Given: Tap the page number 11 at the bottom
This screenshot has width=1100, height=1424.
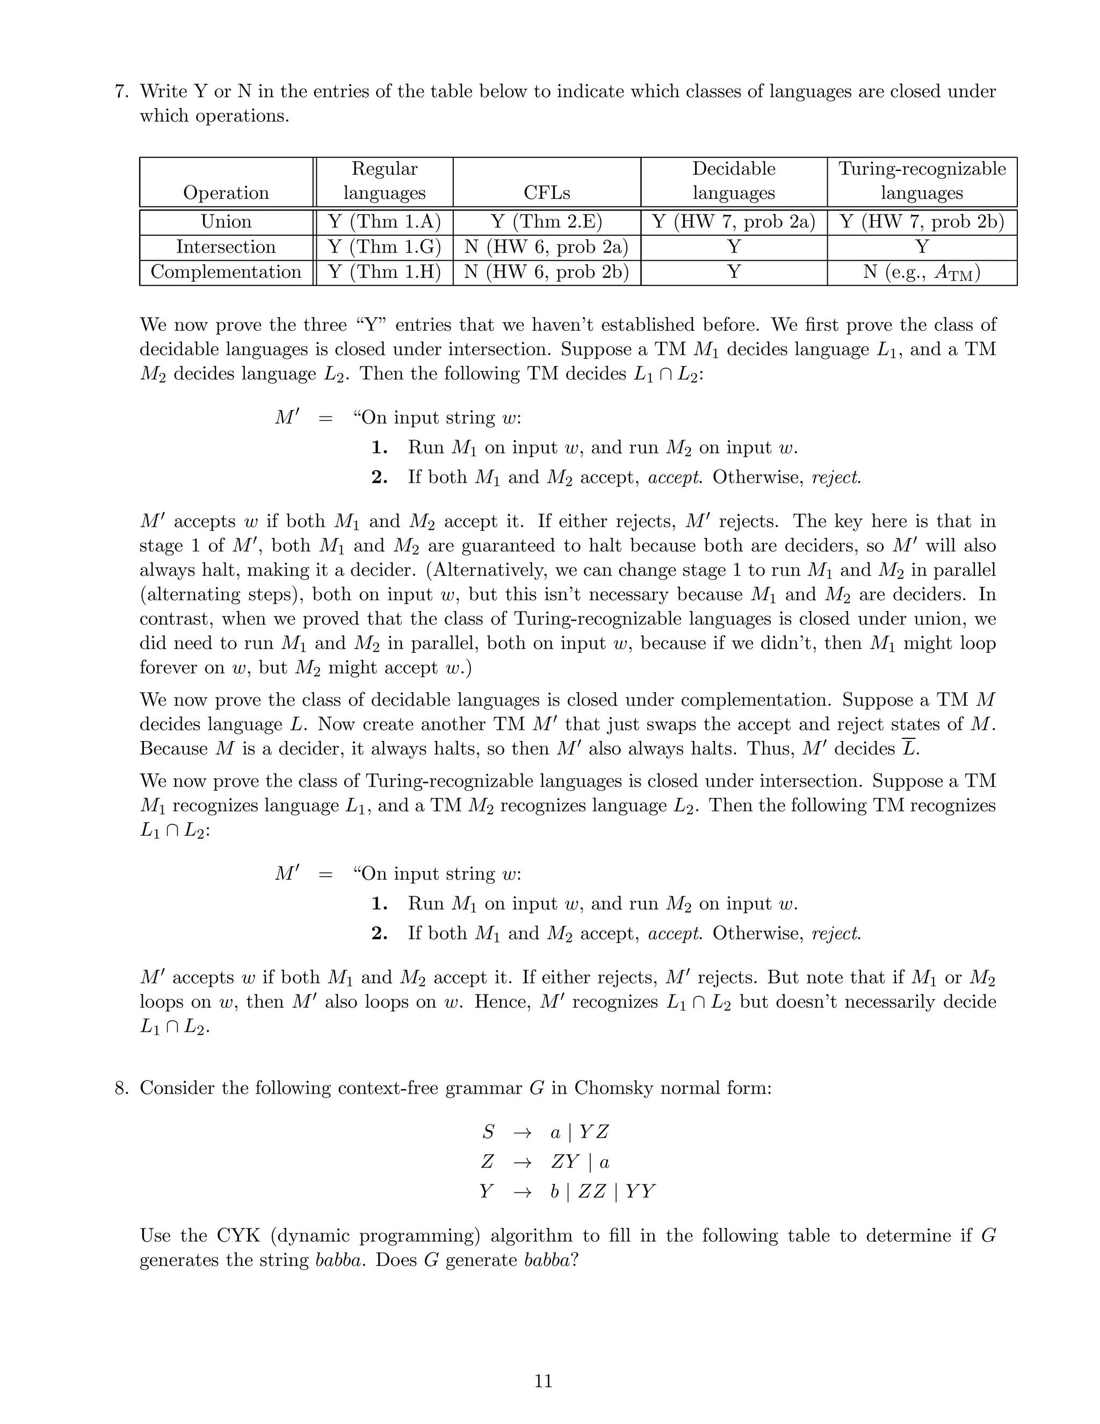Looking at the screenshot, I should point(544,1381).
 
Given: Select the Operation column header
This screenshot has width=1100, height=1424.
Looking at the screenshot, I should point(226,192).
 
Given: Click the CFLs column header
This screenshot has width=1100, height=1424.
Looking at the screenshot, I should point(547,192).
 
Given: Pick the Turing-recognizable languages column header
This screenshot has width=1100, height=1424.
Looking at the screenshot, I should point(922,181).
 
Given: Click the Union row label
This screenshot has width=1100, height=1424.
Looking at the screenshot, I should point(226,222).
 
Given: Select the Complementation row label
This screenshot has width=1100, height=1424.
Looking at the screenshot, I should point(226,272).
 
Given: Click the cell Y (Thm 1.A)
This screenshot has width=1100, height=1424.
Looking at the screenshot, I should point(385,222).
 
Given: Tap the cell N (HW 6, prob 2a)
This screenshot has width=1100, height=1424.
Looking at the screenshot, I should point(547,247).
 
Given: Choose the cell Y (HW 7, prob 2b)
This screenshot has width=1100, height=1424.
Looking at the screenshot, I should point(922,222).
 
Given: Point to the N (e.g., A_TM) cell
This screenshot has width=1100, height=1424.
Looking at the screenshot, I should point(922,272).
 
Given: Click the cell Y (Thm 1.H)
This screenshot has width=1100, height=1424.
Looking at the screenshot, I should point(385,272).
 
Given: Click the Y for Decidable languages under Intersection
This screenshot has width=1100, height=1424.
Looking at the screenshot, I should point(734,247).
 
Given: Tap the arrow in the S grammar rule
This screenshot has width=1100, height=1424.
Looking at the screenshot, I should point(522,1133).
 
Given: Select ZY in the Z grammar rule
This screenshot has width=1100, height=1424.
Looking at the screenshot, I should point(565,1162).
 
